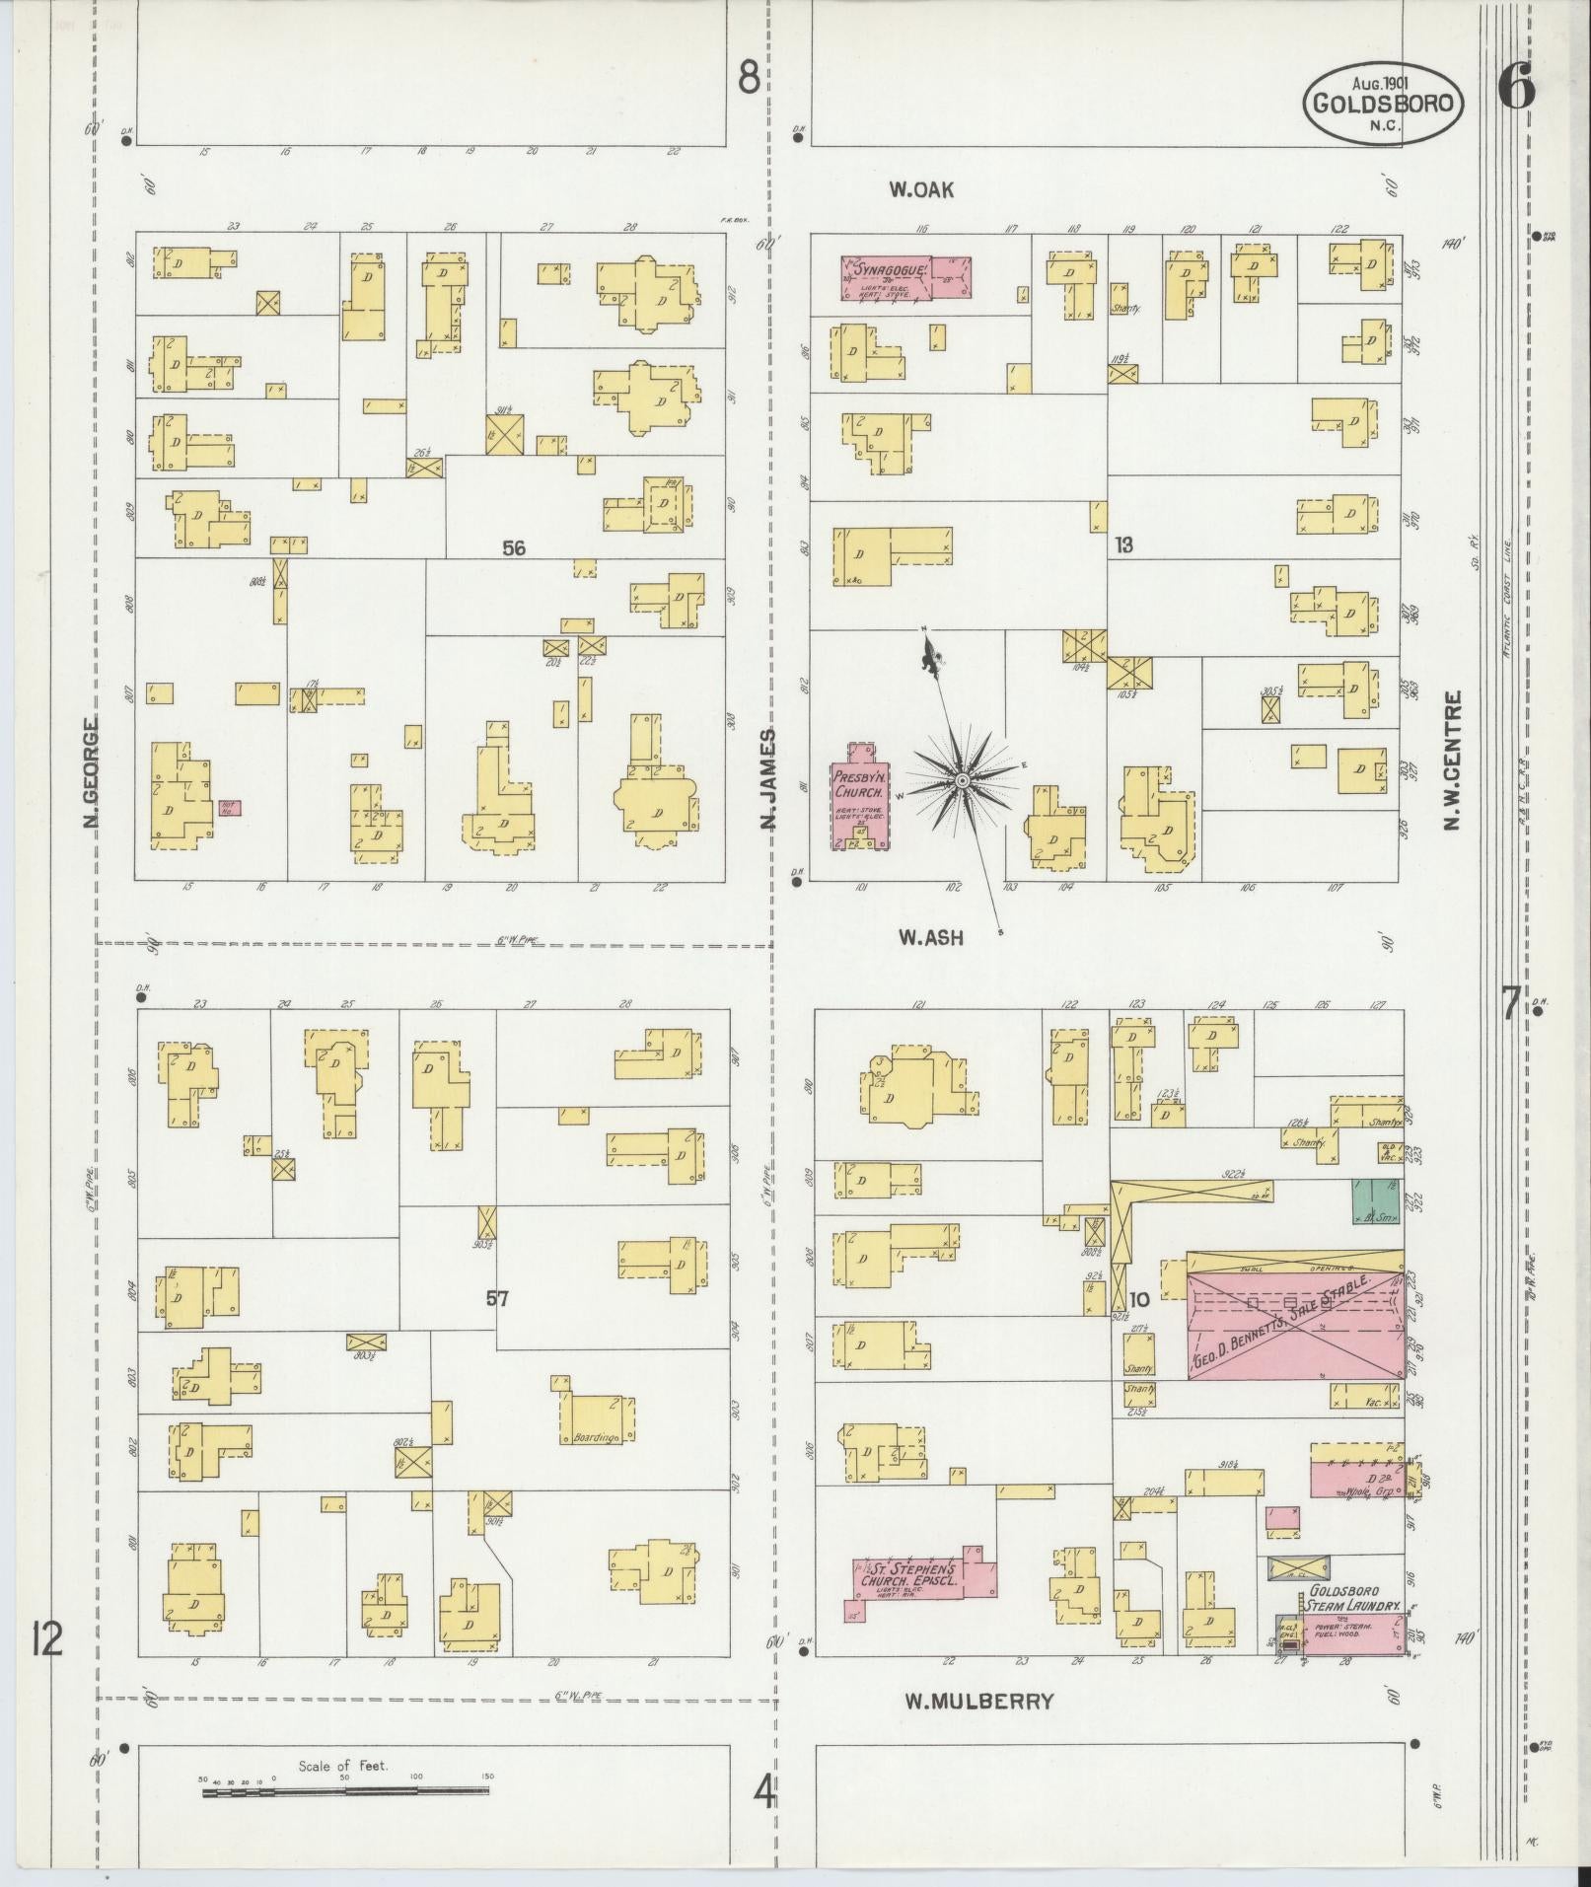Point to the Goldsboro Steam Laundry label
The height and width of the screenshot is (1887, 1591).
pos(1353,1604)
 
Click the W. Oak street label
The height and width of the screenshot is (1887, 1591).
pos(920,190)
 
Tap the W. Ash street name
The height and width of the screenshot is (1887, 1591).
pos(929,938)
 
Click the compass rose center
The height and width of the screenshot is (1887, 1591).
pos(960,781)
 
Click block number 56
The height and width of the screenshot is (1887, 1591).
pos(513,548)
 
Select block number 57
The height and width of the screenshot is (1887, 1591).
pos(497,1299)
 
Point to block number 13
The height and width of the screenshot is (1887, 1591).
pos(1123,544)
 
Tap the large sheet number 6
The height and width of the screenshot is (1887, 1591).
pos(1516,88)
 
